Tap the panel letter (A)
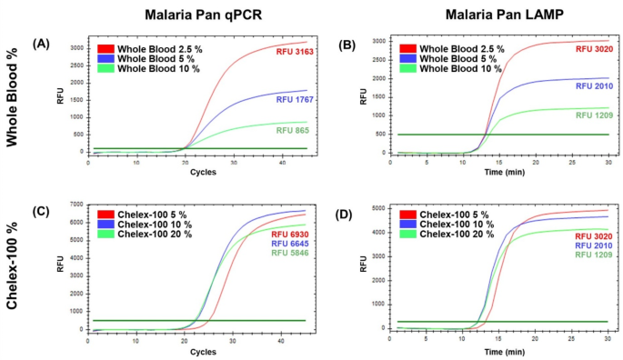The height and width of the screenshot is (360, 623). (41, 44)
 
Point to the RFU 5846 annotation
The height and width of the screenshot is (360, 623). (292, 256)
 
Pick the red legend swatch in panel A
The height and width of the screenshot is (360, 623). (107, 46)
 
